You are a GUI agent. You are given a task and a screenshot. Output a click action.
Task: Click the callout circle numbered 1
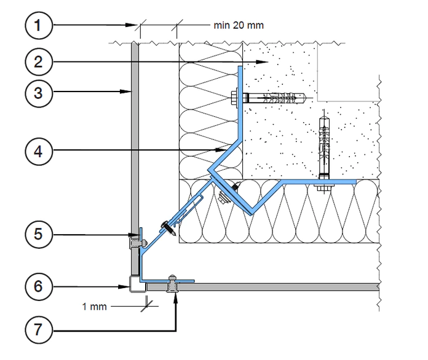[39, 26]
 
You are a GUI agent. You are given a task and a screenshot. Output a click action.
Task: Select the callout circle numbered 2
[39, 62]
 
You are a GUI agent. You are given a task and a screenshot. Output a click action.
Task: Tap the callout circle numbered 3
[39, 93]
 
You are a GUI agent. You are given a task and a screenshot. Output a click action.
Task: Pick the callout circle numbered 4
[39, 151]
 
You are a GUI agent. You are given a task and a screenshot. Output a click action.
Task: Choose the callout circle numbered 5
[39, 234]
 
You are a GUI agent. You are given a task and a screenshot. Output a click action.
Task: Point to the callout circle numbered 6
[39, 287]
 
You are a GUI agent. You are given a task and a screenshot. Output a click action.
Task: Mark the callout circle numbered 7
[39, 330]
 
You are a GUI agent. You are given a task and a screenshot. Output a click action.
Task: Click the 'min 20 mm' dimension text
[239, 25]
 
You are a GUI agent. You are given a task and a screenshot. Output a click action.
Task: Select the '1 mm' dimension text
[95, 307]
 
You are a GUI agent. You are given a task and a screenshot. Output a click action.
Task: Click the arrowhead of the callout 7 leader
[176, 299]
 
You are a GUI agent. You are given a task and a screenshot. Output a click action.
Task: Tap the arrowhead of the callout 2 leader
[263, 62]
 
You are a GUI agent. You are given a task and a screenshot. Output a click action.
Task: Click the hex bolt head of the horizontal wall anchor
[234, 98]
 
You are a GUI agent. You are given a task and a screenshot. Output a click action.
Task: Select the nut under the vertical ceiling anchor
[324, 187]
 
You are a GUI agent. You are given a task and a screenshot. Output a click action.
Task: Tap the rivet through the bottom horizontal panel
[172, 284]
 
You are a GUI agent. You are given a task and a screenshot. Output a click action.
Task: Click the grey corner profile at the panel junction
[137, 284]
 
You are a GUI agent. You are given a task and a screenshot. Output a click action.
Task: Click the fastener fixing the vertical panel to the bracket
[137, 243]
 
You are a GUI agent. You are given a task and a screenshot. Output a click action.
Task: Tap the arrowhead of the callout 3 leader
[126, 92]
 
